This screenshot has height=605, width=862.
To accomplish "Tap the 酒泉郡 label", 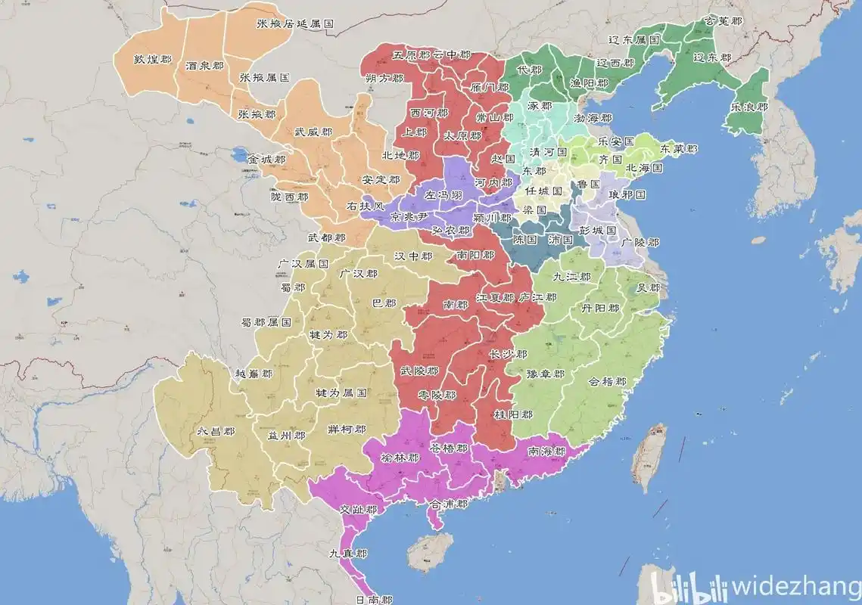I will coord(204,67).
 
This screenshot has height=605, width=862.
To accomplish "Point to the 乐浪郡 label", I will coord(749,107).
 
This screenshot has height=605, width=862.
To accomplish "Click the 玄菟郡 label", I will coord(720,21).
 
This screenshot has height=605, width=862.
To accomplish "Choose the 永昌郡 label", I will coord(216,431).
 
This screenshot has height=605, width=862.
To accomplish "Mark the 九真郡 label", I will coord(349,554).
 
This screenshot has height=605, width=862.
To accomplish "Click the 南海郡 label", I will coord(546,451).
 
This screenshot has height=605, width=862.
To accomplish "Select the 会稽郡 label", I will coord(608,381).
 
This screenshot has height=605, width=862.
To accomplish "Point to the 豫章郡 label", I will coord(546,374).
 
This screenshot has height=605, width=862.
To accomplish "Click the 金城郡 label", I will coord(266,160).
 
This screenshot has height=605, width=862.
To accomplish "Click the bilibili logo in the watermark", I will coord(689,587).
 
